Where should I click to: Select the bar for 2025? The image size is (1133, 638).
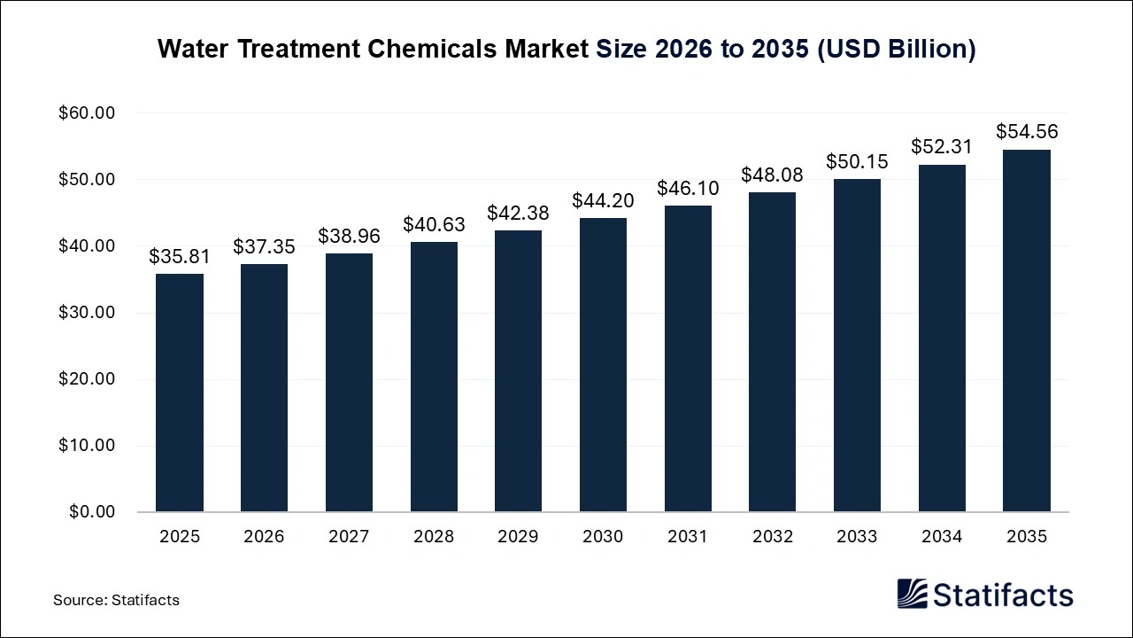180,393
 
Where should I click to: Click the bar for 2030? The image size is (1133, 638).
603,365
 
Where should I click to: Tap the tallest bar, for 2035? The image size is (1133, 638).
1026,331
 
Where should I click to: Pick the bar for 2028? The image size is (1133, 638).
434,377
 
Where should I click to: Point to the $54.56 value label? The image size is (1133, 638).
1026,132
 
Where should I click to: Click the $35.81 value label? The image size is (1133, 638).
180,257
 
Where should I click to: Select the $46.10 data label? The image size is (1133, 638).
688,188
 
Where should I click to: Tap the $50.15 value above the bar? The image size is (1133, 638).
857,161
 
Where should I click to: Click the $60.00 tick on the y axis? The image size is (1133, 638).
87,113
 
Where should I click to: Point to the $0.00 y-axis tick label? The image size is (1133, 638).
91,512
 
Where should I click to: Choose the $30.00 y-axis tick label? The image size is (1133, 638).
87,313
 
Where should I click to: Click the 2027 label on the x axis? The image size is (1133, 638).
349,537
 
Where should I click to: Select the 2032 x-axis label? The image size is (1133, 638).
772,537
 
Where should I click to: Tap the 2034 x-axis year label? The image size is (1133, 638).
942,537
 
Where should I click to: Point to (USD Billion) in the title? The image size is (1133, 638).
895,50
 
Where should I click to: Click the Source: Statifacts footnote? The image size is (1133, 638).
116,600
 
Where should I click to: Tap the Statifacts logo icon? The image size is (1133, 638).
913,594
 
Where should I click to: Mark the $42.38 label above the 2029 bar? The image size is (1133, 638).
518,214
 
